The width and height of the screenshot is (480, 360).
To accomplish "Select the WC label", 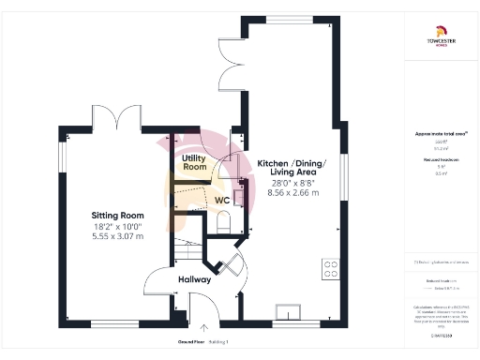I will click(222, 201).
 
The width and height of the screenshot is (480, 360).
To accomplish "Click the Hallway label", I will click(194, 279).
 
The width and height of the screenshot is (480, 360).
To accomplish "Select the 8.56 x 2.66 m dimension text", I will click(292, 193).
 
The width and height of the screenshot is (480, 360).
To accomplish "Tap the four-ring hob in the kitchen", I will click(330, 269).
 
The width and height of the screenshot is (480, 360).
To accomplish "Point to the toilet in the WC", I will click(223, 224).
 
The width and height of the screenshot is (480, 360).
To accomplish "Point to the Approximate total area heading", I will click(440, 134).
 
